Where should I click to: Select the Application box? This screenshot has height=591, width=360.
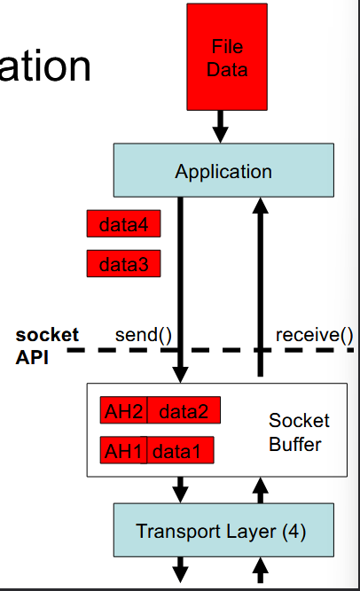pyautogui.click(x=223, y=171)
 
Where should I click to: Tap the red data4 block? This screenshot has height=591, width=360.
pyautogui.click(x=123, y=225)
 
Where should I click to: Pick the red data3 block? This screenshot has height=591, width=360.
pyautogui.click(x=123, y=264)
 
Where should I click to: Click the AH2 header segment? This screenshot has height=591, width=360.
pyautogui.click(x=123, y=411)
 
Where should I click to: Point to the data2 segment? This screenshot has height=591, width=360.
pyautogui.click(x=184, y=411)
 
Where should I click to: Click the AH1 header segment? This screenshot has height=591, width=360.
pyautogui.click(x=123, y=451)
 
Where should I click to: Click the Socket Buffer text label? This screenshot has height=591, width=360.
pyautogui.click(x=299, y=432)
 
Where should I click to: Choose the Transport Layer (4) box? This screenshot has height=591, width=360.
pyautogui.click(x=223, y=531)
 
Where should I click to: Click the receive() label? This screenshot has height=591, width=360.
pyautogui.click(x=314, y=335)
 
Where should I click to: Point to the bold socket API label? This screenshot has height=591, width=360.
pyautogui.click(x=46, y=346)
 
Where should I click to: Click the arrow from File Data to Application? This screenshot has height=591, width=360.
pyautogui.click(x=222, y=126)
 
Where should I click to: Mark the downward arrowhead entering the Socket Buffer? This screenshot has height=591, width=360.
pyautogui.click(x=181, y=373)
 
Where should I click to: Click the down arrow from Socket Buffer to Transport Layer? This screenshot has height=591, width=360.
pyautogui.click(x=181, y=487)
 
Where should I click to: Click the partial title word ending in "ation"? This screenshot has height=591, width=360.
pyautogui.click(x=44, y=67)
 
